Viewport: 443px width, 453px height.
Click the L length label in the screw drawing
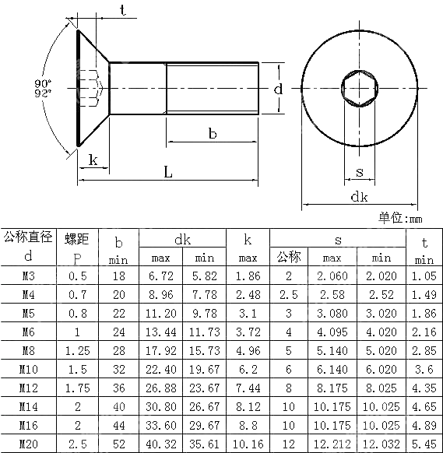tap(167, 172)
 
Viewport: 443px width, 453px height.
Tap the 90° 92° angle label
tap(44, 88)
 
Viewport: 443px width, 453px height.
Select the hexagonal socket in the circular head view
tap(359, 89)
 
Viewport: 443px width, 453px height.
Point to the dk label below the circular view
tap(358, 197)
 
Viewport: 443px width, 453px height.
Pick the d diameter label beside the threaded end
tap(278, 89)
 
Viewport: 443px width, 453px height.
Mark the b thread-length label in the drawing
tap(212, 134)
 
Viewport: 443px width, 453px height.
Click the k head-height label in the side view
tap(93, 160)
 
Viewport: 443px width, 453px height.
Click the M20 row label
tap(29, 444)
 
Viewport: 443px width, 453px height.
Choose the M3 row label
tap(29, 276)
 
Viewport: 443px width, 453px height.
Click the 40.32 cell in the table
tap(160, 444)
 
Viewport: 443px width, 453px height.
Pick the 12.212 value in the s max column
tap(332, 444)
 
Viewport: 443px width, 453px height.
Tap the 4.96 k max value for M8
tap(248, 350)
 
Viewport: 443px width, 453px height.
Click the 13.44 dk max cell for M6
tap(160, 332)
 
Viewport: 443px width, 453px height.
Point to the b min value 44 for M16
tap(118, 425)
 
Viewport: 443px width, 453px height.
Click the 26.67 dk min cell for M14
tap(204, 406)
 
